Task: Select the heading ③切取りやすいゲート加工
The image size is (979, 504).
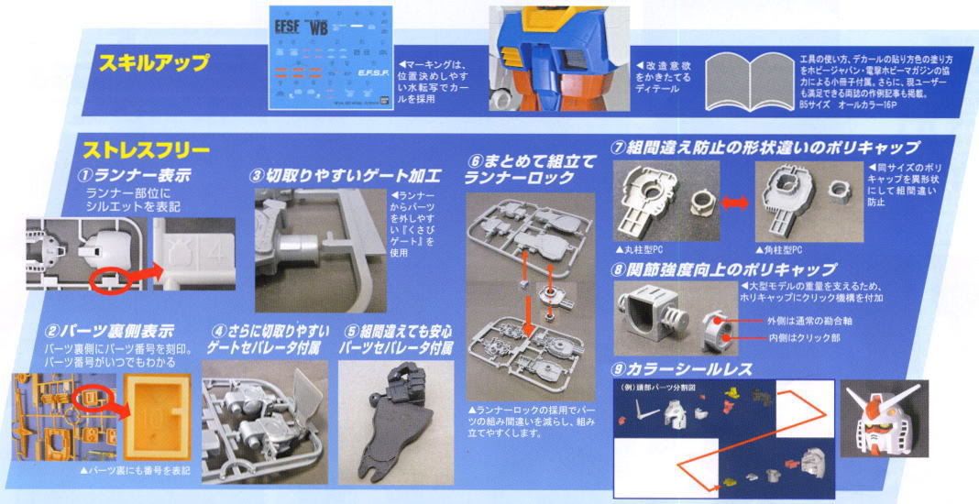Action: (x=346, y=174)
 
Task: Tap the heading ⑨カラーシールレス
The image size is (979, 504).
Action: (x=682, y=369)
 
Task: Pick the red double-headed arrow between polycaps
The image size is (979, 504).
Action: (x=734, y=203)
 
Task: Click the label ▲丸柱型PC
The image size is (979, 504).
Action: (x=647, y=250)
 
